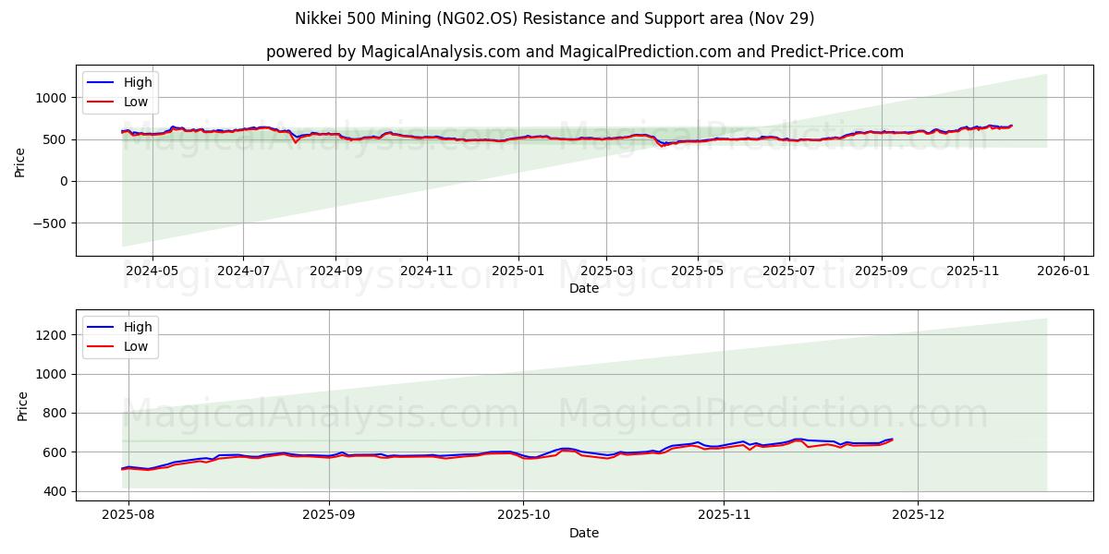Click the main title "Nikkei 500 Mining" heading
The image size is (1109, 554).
pos(554,18)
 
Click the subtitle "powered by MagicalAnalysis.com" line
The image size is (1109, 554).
pos(584,52)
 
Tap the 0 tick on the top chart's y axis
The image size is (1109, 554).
pos(62,182)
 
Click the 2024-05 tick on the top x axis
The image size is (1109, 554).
pos(152,271)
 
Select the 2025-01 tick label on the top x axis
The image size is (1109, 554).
pos(518,271)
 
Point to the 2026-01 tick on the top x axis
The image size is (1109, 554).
pos(1063,271)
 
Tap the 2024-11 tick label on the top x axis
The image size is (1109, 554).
pos(426,271)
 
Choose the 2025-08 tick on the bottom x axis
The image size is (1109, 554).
pos(128,514)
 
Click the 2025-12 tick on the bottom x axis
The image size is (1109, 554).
pos(918,514)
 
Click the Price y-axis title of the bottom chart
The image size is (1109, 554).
pos(23,406)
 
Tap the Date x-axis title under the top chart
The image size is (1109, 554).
pos(584,288)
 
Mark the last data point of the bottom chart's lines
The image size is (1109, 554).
pos(892,440)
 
